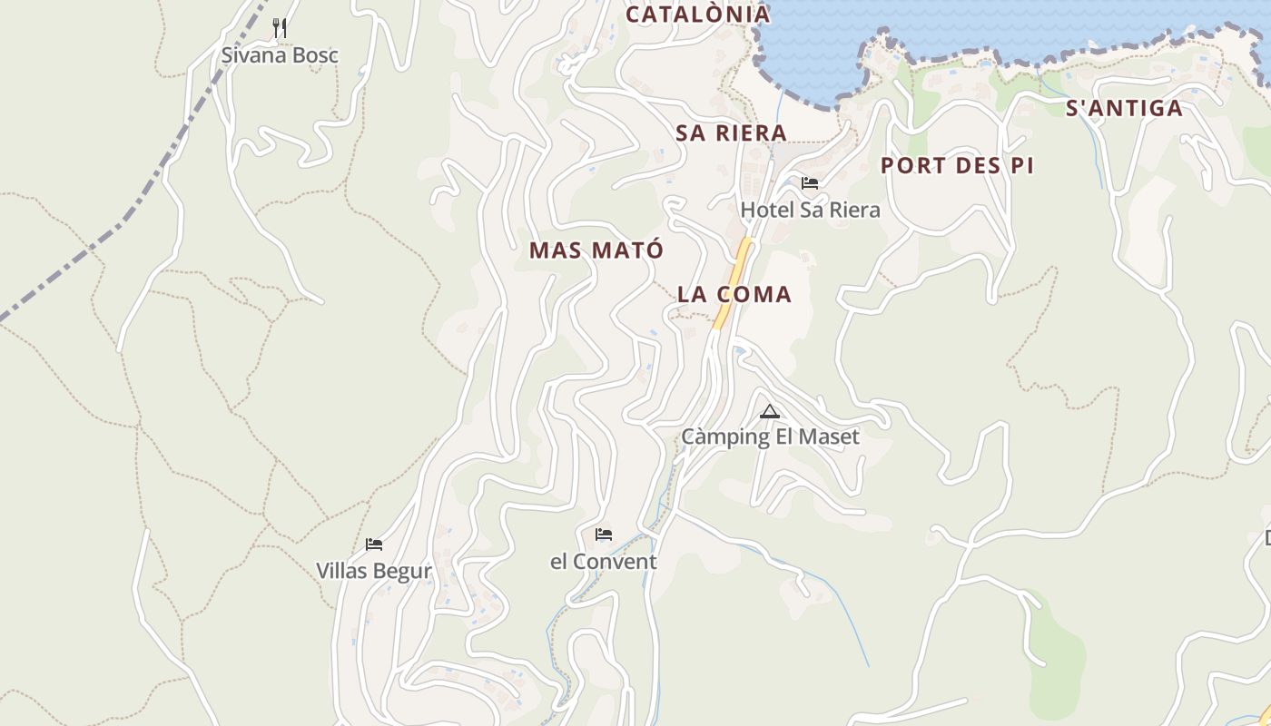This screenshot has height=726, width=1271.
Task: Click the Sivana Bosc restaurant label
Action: [280, 55]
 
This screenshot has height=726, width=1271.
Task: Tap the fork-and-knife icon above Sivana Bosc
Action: [280, 29]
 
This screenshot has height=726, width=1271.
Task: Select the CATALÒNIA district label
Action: [698, 15]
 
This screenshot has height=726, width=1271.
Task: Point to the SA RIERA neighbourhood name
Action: [731, 133]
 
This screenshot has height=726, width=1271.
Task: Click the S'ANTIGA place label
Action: [1124, 109]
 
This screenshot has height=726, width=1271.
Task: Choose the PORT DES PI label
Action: [957, 166]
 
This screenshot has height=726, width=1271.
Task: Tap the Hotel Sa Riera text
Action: [810, 211]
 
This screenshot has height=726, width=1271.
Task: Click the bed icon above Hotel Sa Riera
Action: [810, 183]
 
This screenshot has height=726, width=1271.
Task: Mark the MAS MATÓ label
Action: [596, 250]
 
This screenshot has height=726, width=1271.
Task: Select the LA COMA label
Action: [734, 295]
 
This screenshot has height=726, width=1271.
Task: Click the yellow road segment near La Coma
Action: [734, 282]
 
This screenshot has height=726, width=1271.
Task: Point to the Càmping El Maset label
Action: [770, 437]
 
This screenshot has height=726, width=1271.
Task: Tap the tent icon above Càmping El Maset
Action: [770, 412]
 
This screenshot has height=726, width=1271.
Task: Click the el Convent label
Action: [603, 562]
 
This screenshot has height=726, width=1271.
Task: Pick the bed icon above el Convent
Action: [604, 535]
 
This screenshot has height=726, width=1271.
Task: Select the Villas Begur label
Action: [373, 572]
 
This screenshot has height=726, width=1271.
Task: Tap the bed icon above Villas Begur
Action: [374, 544]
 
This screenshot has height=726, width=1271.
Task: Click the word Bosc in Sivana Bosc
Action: [312, 55]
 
